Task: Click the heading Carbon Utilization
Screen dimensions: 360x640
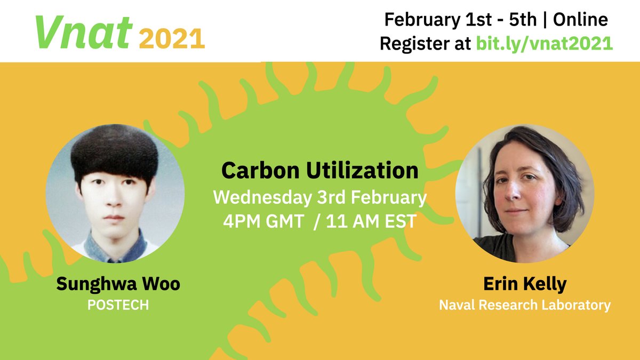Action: click(x=319, y=170)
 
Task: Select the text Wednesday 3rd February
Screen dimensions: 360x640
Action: click(x=319, y=197)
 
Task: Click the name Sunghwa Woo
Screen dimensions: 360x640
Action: click(x=118, y=284)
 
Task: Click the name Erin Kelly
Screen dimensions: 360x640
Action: click(x=524, y=284)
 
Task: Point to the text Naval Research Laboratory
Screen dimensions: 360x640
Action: click(x=524, y=305)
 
